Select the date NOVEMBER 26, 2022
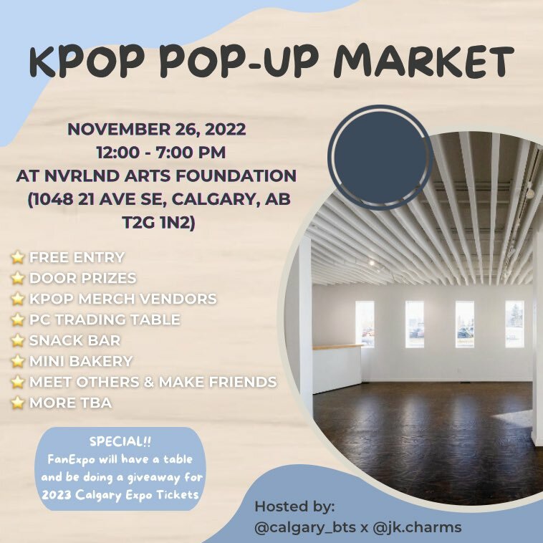coord(157,130)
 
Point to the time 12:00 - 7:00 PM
coord(157,153)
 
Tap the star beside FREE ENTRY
coord(18,257)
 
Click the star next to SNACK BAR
coord(18,340)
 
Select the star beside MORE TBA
coord(18,403)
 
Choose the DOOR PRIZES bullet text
coord(82,278)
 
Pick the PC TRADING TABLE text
coord(105,319)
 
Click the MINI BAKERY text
coord(81,361)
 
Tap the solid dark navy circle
coord(379,157)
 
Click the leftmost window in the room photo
coord(365,323)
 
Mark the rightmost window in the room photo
coord(514,324)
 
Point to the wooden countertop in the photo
coord(337,347)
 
